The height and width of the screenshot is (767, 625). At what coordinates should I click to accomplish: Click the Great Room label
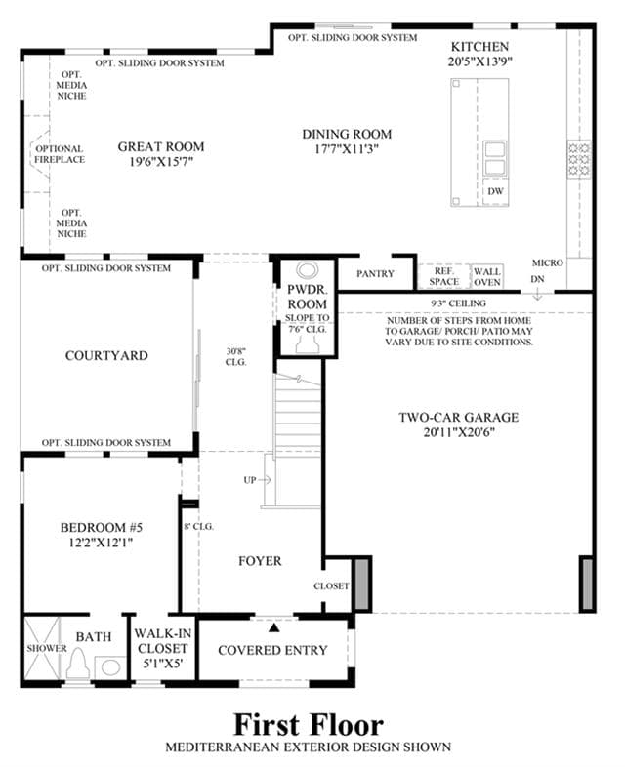[161, 146]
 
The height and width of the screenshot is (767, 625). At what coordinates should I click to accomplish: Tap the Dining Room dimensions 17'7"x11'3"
[347, 149]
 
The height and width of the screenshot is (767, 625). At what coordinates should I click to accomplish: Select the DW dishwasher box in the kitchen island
[495, 191]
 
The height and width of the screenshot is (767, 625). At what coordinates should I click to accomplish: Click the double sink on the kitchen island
[495, 158]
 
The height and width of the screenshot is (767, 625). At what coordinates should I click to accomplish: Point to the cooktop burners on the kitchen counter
[579, 159]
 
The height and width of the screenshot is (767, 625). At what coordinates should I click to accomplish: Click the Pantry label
[375, 274]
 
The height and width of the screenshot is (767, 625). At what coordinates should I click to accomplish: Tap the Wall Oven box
[487, 277]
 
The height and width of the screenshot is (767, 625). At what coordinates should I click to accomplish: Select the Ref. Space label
[444, 276]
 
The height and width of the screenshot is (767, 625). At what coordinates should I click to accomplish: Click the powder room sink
[308, 270]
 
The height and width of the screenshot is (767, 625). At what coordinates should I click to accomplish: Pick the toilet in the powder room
[308, 343]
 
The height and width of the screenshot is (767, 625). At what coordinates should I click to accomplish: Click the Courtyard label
[106, 355]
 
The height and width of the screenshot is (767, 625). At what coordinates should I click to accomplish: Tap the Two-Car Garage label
[459, 418]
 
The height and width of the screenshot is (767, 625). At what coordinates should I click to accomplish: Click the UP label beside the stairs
[250, 480]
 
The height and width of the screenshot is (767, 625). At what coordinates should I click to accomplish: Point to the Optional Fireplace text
[60, 154]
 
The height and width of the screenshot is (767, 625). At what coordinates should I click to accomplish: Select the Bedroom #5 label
[102, 527]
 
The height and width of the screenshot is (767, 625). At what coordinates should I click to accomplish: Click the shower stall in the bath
[43, 648]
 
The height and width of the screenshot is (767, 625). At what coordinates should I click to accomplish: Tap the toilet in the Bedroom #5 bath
[78, 665]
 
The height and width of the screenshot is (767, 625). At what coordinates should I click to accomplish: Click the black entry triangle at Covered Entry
[274, 627]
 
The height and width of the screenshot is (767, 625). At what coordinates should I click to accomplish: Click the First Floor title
[309, 724]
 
